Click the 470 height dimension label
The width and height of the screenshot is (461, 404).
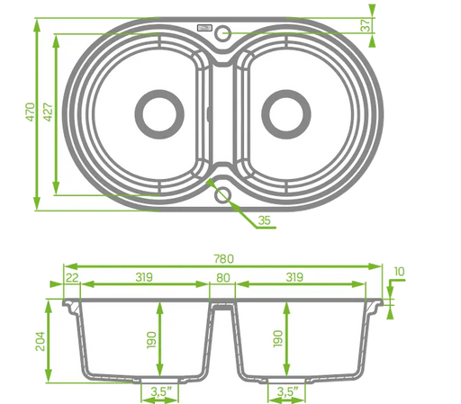[x=31, y=112]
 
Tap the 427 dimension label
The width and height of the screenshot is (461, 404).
[x=48, y=112]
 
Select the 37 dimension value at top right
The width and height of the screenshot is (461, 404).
[x=366, y=25]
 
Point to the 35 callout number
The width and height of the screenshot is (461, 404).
[x=265, y=220]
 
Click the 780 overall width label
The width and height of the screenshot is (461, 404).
[x=223, y=258]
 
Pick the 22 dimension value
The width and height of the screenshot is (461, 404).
[x=72, y=278]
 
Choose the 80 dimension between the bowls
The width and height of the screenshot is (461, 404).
[x=223, y=278]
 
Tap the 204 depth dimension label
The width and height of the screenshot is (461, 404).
[x=41, y=341]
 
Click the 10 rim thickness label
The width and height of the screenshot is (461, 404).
[x=399, y=272]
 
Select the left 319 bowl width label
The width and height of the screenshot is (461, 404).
[x=144, y=277]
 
